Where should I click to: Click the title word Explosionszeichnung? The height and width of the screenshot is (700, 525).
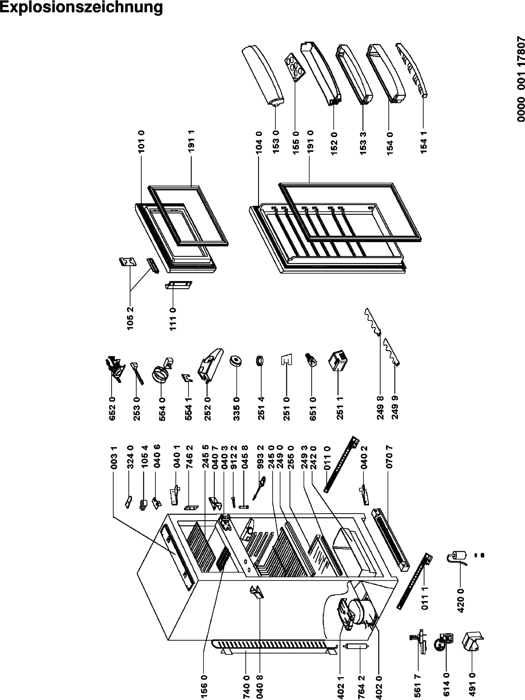pyautogui.click(x=81, y=8)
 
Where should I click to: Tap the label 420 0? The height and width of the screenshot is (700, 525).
pyautogui.click(x=460, y=599)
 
